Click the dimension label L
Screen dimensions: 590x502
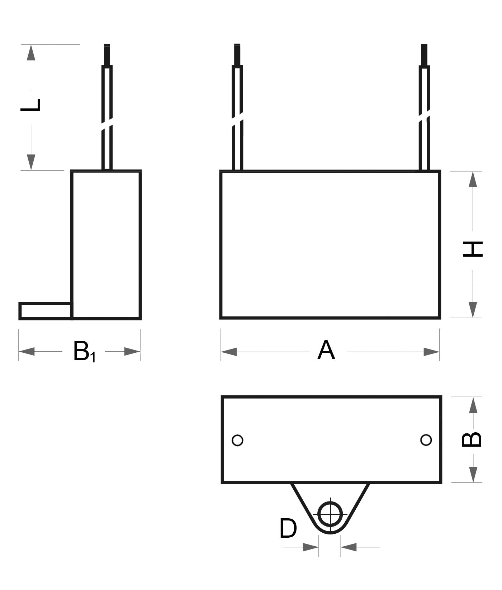coord(30,104)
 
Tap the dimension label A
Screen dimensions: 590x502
coord(326,350)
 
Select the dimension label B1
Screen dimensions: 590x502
coord(84,352)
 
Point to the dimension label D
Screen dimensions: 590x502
coord(288,528)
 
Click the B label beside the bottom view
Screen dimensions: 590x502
coord(472,439)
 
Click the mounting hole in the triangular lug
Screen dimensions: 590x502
coord(330,515)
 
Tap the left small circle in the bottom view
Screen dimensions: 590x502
coord(237,440)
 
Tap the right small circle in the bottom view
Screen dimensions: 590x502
coord(426,440)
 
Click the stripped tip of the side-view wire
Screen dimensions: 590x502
coord(107,54)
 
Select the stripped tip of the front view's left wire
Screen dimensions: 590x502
coord(237,54)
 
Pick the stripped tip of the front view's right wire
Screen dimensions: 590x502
coord(424,54)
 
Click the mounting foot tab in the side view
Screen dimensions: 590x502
coord(46,310)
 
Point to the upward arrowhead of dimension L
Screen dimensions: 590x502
coord(31,53)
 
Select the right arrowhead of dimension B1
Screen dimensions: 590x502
coord(132,352)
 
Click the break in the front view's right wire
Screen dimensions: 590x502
coord(424,116)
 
